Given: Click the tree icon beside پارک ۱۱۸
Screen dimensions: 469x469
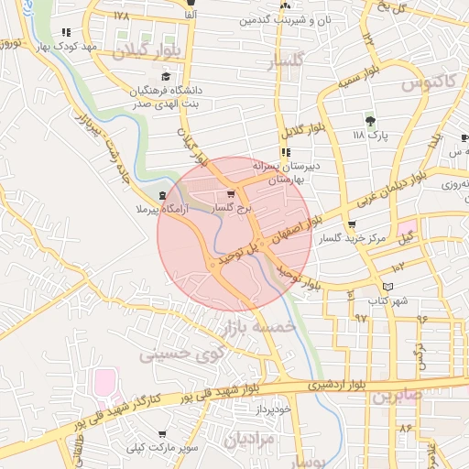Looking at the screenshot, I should (369, 121).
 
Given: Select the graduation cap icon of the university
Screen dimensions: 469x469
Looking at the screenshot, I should (165, 77).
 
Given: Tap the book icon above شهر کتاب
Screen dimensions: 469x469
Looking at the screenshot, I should (387, 287).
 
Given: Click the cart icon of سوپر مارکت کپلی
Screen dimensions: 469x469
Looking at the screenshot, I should (163, 434).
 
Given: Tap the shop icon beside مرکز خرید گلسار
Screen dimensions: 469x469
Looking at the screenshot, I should (353, 224).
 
